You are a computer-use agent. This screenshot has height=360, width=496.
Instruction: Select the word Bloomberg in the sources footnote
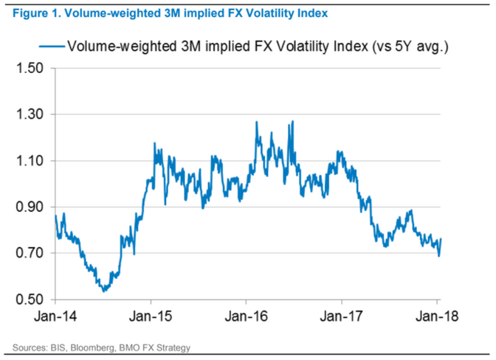(x=95, y=347)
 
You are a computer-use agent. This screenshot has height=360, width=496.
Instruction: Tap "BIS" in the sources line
(x=63, y=347)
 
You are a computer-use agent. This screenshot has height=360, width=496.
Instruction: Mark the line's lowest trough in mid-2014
(x=104, y=291)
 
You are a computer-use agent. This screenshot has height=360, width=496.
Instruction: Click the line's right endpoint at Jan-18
(x=441, y=240)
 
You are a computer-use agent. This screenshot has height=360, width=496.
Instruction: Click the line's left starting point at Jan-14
(x=55, y=215)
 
